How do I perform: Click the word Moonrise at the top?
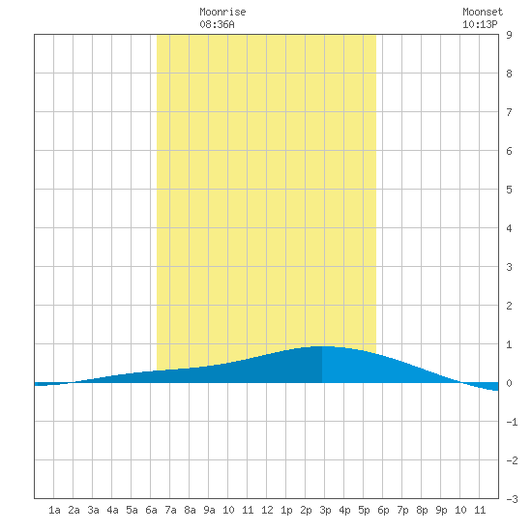coord(222,12)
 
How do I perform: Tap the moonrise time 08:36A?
coord(217,24)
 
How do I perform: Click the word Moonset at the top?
coord(483,12)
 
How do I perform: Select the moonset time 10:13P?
coord(480,24)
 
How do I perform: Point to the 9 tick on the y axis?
coord(509,35)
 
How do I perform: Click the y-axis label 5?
coord(509,190)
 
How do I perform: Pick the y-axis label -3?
coord(512,499)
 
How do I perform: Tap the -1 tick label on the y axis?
coord(512,422)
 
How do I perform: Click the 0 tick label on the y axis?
coord(509,383)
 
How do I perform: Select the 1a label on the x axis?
coord(54,510)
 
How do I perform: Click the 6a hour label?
coord(151,510)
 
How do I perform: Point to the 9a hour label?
coord(209,510)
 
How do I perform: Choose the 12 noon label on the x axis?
coord(267,510)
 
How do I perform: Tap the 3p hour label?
coord(325,510)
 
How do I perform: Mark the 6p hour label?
coord(383,510)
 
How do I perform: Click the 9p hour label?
coord(441,510)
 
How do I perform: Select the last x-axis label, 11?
coord(480,510)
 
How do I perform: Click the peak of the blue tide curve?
coord(322,346)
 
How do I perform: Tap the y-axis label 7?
coord(509,112)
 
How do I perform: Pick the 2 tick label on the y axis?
coord(509,306)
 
